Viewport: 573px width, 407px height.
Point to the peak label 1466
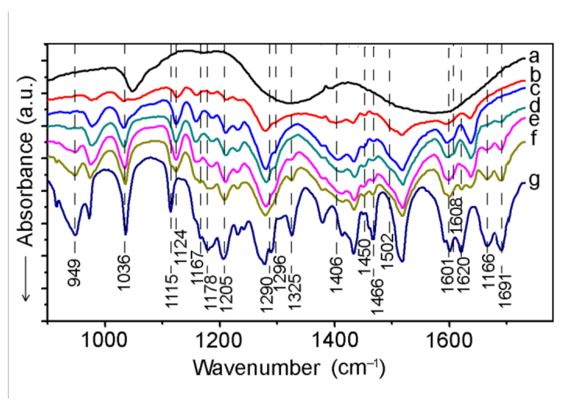click(x=375, y=293)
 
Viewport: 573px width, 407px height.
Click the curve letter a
click(x=533, y=56)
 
